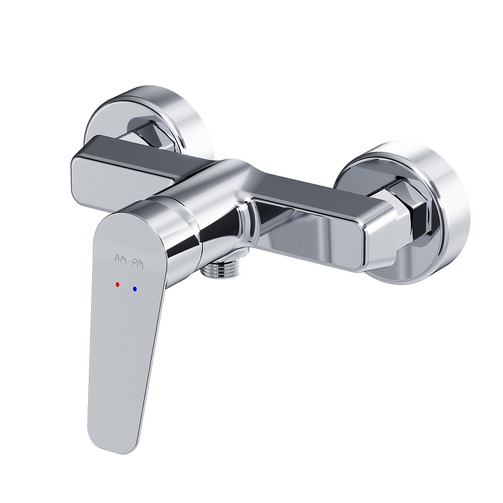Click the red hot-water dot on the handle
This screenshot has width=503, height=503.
point(117,284)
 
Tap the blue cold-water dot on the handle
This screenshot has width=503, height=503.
point(135,289)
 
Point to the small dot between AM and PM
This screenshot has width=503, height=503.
point(129,262)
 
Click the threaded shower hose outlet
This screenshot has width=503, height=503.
point(221,267)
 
